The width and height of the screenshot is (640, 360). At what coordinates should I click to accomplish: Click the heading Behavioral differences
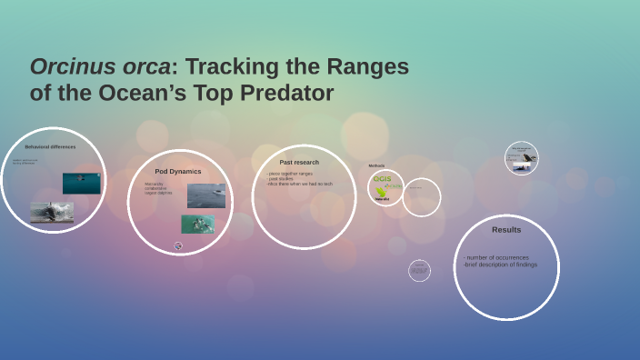[51, 146]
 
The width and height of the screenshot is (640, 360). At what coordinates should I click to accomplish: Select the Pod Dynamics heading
[178, 171]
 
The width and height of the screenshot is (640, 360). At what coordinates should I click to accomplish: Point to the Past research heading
[299, 162]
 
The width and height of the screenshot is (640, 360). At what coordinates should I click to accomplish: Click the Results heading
[506, 229]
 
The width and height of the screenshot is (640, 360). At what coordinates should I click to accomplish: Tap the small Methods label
[376, 165]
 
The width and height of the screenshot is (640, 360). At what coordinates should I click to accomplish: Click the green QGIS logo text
[382, 179]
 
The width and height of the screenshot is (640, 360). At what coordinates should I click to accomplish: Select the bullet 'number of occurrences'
[497, 257]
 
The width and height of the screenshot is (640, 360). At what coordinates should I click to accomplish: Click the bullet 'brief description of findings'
[500, 265]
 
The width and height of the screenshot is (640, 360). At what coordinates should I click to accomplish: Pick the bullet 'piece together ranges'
[290, 173]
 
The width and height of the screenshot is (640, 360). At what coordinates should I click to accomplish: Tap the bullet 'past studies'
[281, 178]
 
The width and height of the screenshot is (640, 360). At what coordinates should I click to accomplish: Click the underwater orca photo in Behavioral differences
[82, 183]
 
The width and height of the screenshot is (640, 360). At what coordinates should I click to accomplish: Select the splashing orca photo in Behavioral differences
[52, 212]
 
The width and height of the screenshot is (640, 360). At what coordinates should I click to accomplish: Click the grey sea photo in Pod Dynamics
[206, 195]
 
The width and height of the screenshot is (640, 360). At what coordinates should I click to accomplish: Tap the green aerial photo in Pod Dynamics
[197, 225]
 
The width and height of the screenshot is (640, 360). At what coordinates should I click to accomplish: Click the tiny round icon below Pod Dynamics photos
[178, 245]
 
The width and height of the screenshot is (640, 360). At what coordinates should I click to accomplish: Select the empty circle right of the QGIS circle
[421, 196]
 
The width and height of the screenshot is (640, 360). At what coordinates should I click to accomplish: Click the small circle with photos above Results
[522, 158]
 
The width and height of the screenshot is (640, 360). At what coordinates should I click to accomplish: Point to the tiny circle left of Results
[419, 270]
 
